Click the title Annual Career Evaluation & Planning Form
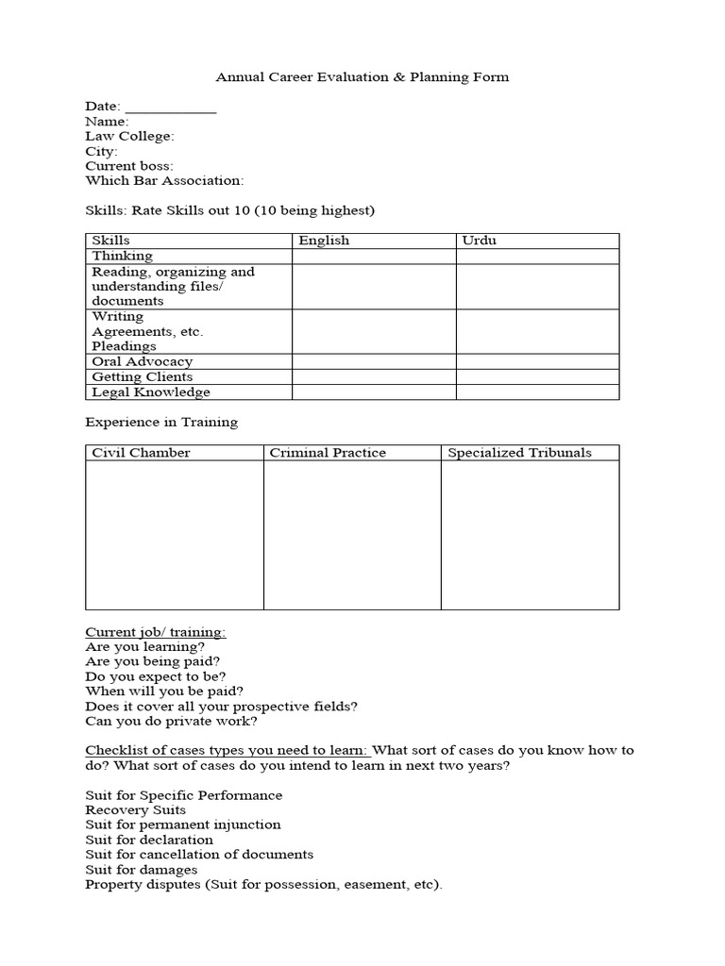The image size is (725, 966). (x=362, y=77)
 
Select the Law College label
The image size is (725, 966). (x=129, y=136)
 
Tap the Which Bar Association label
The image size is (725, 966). (x=164, y=180)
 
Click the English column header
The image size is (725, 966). (x=324, y=241)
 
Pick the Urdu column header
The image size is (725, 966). (x=479, y=241)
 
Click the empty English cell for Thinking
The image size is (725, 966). (x=374, y=256)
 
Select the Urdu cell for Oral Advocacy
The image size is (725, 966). (x=538, y=361)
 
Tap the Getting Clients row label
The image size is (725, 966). (x=142, y=376)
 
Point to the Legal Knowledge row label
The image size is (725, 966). (x=150, y=391)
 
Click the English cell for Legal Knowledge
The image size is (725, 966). (x=374, y=391)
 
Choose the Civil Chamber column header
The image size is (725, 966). (x=141, y=453)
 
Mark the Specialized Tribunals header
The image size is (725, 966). (x=519, y=453)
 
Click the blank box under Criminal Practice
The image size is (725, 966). (x=352, y=534)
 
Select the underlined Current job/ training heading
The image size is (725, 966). (x=156, y=631)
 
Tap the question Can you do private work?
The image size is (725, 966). (x=171, y=722)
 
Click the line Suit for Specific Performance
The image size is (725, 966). (x=183, y=795)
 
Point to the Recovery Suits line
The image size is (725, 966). (x=135, y=809)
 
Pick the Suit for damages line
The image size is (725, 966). (x=141, y=869)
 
